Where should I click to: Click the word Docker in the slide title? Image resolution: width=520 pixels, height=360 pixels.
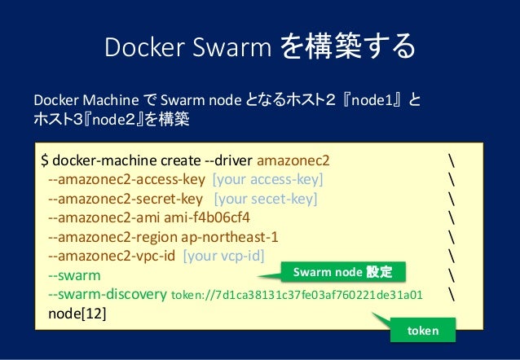pyautogui.click(x=134, y=46)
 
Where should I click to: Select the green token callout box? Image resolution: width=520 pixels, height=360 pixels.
pyautogui.click(x=422, y=330)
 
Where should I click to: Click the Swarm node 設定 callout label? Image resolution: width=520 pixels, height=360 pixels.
pyautogui.click(x=342, y=271)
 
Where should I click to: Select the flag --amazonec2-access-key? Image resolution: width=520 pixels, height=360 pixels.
pyautogui.click(x=127, y=178)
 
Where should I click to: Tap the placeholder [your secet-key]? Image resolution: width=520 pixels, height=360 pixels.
pyautogui.click(x=266, y=198)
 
